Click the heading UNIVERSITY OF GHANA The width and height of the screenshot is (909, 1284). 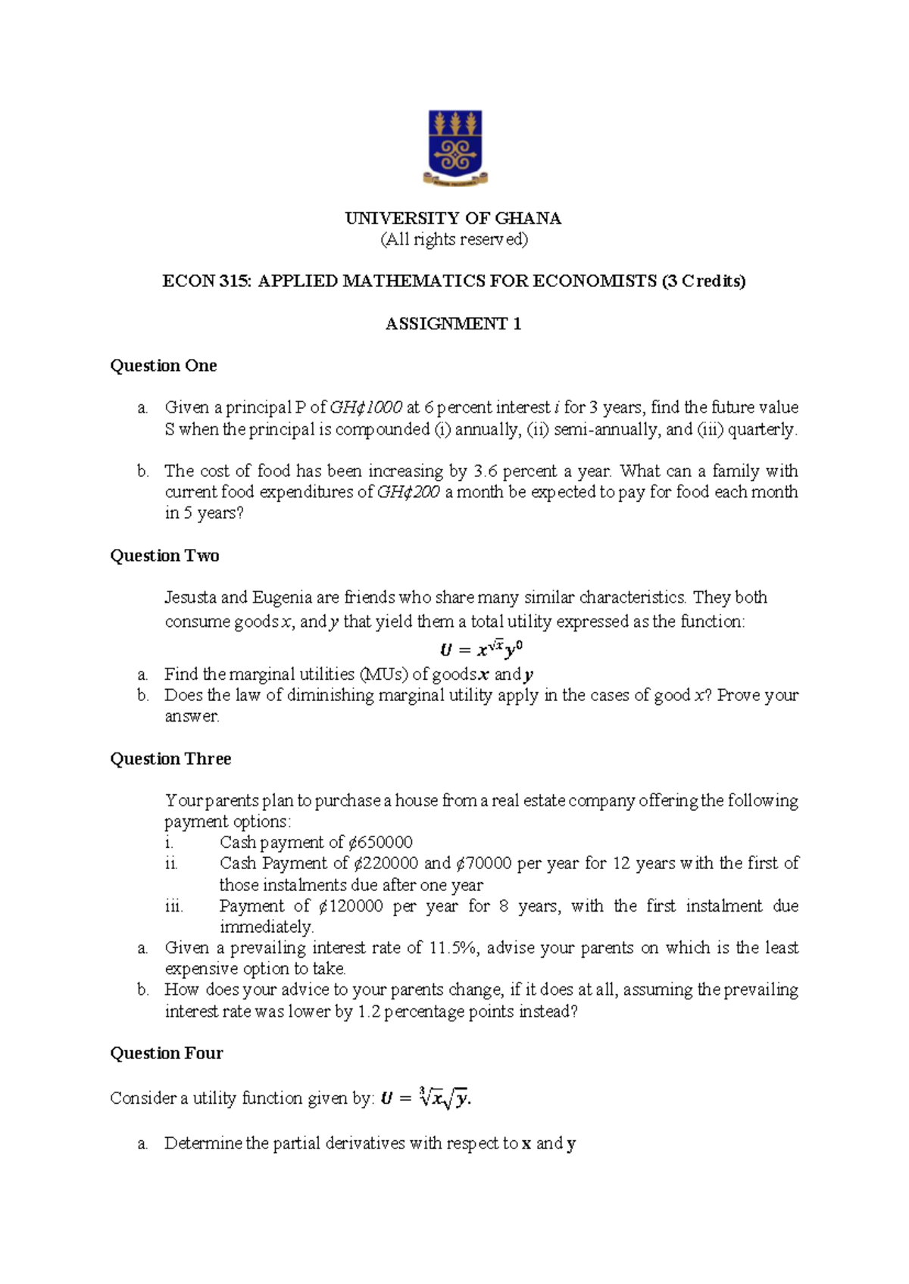pos(453,219)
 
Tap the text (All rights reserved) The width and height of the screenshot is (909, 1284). pos(453,240)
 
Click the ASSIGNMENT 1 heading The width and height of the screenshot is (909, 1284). pos(453,324)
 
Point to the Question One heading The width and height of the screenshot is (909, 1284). pos(164,366)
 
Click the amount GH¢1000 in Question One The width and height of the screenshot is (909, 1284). pos(366,407)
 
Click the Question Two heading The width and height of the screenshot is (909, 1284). pos(164,556)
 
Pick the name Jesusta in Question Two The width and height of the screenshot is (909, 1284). pos(191,597)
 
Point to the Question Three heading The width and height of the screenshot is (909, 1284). pos(170,759)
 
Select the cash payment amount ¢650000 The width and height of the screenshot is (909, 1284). pos(380,843)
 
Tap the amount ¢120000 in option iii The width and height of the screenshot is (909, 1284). pos(351,906)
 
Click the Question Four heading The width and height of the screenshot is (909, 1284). pos(167,1053)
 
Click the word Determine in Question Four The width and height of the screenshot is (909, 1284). pos(203,1143)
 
